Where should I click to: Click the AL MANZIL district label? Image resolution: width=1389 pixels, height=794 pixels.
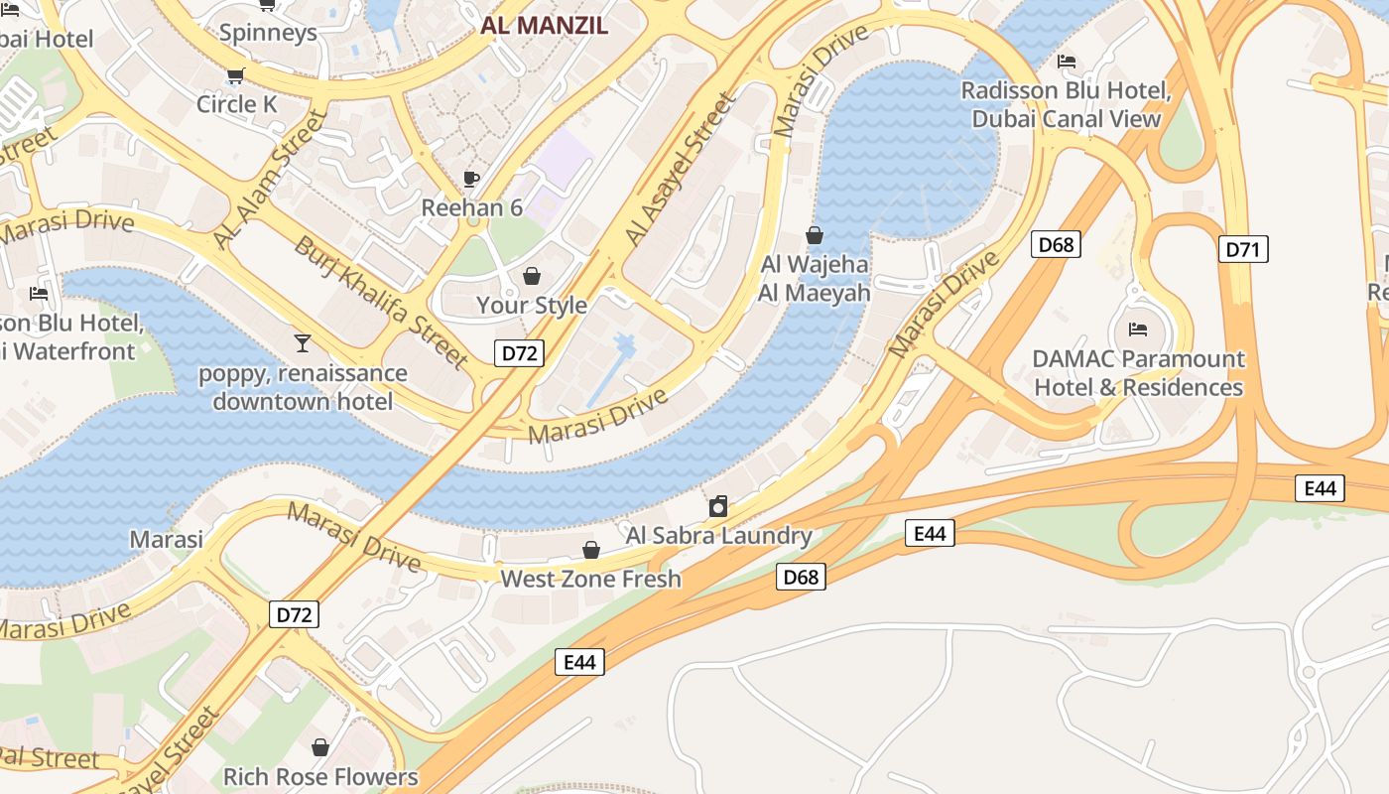click(544, 26)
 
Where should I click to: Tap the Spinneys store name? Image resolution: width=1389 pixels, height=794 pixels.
click(268, 32)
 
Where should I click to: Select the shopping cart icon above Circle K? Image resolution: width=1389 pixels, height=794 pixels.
click(236, 75)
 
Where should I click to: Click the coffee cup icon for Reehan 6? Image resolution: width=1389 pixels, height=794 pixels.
click(471, 179)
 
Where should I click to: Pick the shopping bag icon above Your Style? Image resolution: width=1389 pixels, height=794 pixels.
click(532, 275)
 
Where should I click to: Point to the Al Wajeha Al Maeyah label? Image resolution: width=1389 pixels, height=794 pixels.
click(815, 279)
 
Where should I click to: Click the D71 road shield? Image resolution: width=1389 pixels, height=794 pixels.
click(1243, 249)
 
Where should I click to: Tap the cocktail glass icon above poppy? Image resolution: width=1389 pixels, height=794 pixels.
click(303, 343)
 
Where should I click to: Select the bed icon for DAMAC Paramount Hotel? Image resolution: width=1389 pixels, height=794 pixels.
click(1138, 330)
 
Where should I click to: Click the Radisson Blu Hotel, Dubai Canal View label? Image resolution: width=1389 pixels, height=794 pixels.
click(1067, 105)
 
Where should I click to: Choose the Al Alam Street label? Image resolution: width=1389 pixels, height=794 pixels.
click(270, 179)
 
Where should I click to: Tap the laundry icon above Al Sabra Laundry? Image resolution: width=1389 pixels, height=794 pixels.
click(718, 507)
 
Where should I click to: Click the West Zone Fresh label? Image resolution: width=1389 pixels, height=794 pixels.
click(591, 579)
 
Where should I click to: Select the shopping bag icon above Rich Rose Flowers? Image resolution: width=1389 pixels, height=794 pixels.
click(320, 746)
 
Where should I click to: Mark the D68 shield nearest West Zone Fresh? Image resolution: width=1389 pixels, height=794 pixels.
click(801, 577)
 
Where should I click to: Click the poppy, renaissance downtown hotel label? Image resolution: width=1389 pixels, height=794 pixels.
click(303, 387)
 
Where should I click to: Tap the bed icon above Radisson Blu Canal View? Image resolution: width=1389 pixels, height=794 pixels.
click(1067, 62)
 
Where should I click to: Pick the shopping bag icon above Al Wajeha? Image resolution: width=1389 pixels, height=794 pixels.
click(815, 235)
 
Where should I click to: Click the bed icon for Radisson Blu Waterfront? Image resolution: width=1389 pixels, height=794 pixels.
click(39, 294)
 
